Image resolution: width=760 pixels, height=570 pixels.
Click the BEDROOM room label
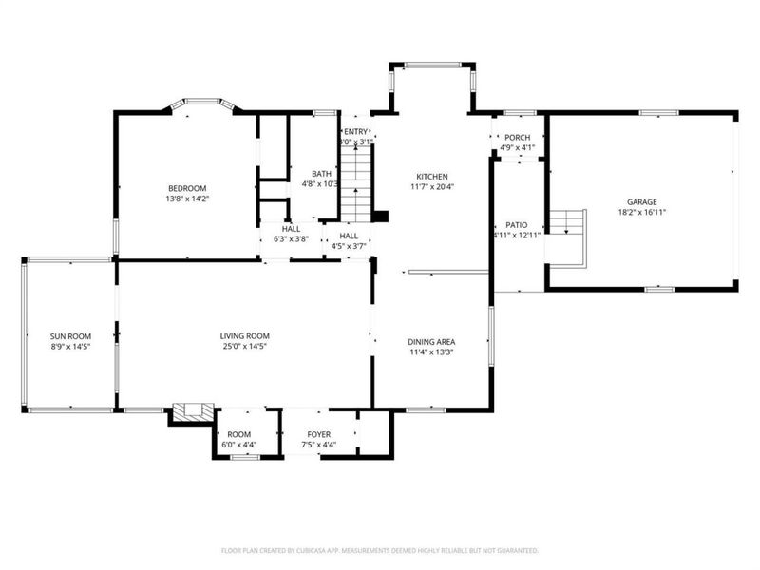click(x=187, y=188)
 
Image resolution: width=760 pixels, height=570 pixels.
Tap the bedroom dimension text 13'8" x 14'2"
click(x=187, y=199)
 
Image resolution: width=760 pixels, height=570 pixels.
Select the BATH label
click(x=322, y=173)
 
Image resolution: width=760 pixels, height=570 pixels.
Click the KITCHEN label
click(x=430, y=177)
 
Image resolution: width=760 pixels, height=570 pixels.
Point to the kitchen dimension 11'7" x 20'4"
click(x=430, y=187)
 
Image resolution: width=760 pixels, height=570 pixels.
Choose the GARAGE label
click(x=641, y=201)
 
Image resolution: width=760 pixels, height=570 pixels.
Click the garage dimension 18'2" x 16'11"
click(x=641, y=213)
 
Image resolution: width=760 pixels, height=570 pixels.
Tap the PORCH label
click(x=518, y=137)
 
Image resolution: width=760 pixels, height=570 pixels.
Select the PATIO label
click(x=516, y=224)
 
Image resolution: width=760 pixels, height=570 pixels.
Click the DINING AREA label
click(x=431, y=342)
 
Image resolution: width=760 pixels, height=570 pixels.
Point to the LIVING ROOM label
click(x=245, y=335)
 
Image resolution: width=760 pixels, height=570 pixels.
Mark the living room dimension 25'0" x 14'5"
click(x=245, y=347)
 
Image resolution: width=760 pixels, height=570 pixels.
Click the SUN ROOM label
click(x=70, y=336)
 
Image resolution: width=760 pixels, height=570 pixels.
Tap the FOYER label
click(x=318, y=433)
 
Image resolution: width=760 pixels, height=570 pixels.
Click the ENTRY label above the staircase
click(x=355, y=132)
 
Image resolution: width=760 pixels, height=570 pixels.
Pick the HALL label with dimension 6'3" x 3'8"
click(x=291, y=229)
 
